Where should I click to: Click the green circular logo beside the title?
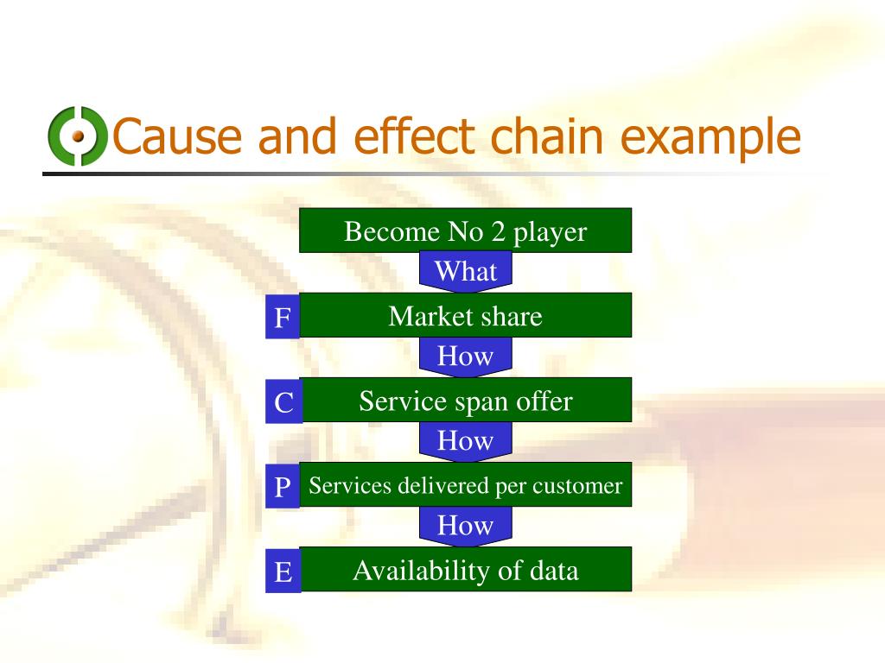[77, 136]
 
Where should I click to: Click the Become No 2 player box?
[465, 231]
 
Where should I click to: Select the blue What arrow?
[465, 271]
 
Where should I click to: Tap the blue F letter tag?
[283, 319]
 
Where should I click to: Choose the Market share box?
[465, 316]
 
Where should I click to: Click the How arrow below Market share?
[465, 356]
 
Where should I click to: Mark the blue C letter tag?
[283, 403]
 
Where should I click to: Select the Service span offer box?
[465, 401]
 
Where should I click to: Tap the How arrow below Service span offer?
[465, 440]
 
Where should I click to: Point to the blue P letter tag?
[283, 488]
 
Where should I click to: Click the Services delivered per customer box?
[465, 485]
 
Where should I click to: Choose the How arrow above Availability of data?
[465, 525]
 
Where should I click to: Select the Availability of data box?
[465, 570]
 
